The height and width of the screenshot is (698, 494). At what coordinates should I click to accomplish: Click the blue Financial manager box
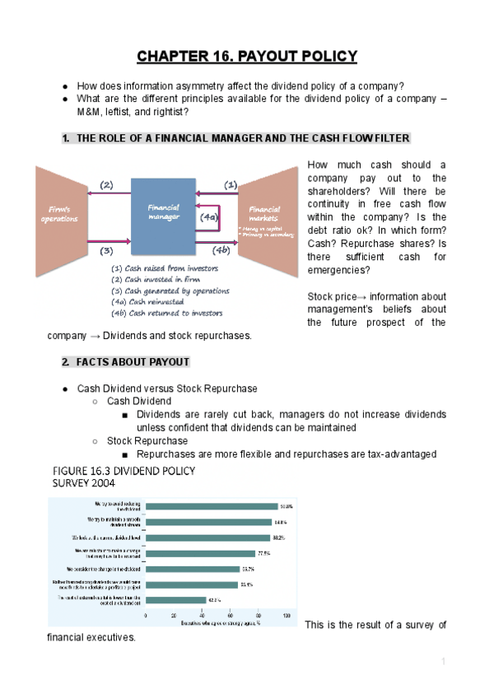(163, 213)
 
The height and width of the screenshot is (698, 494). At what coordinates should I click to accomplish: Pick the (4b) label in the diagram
(220, 249)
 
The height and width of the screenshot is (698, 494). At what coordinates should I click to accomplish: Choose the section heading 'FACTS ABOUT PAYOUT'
(133, 362)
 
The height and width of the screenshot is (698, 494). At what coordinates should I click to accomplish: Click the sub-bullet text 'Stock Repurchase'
(147, 441)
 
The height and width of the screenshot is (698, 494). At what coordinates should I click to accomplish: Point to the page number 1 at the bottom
(442, 662)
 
